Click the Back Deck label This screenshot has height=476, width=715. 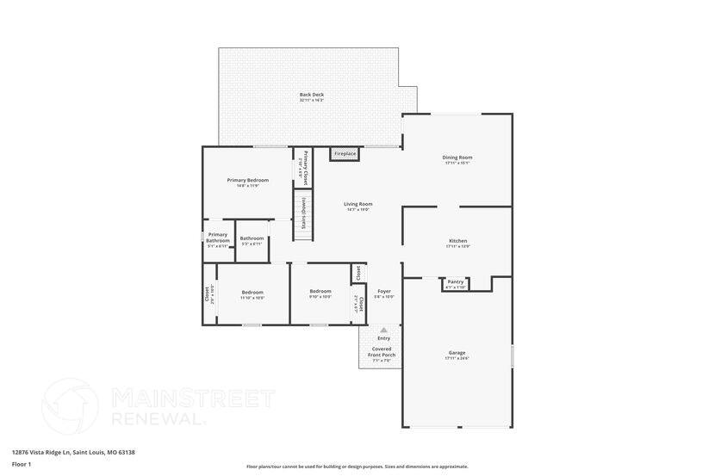311,95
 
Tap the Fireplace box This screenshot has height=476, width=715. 345,154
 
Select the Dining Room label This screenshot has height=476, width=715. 457,158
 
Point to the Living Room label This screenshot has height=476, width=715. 357,205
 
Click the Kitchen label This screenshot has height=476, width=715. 457,241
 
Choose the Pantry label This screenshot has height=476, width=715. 456,282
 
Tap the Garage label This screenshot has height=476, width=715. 457,353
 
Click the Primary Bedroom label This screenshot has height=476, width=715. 248,181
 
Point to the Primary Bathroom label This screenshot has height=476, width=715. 218,237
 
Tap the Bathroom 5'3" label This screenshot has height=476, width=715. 252,239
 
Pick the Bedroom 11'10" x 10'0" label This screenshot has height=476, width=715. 252,293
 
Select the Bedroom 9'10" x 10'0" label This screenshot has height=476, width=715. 320,293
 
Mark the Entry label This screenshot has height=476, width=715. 383,338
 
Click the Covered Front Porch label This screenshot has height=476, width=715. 382,352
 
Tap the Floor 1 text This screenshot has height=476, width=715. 22,464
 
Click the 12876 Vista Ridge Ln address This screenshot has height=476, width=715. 73,452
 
